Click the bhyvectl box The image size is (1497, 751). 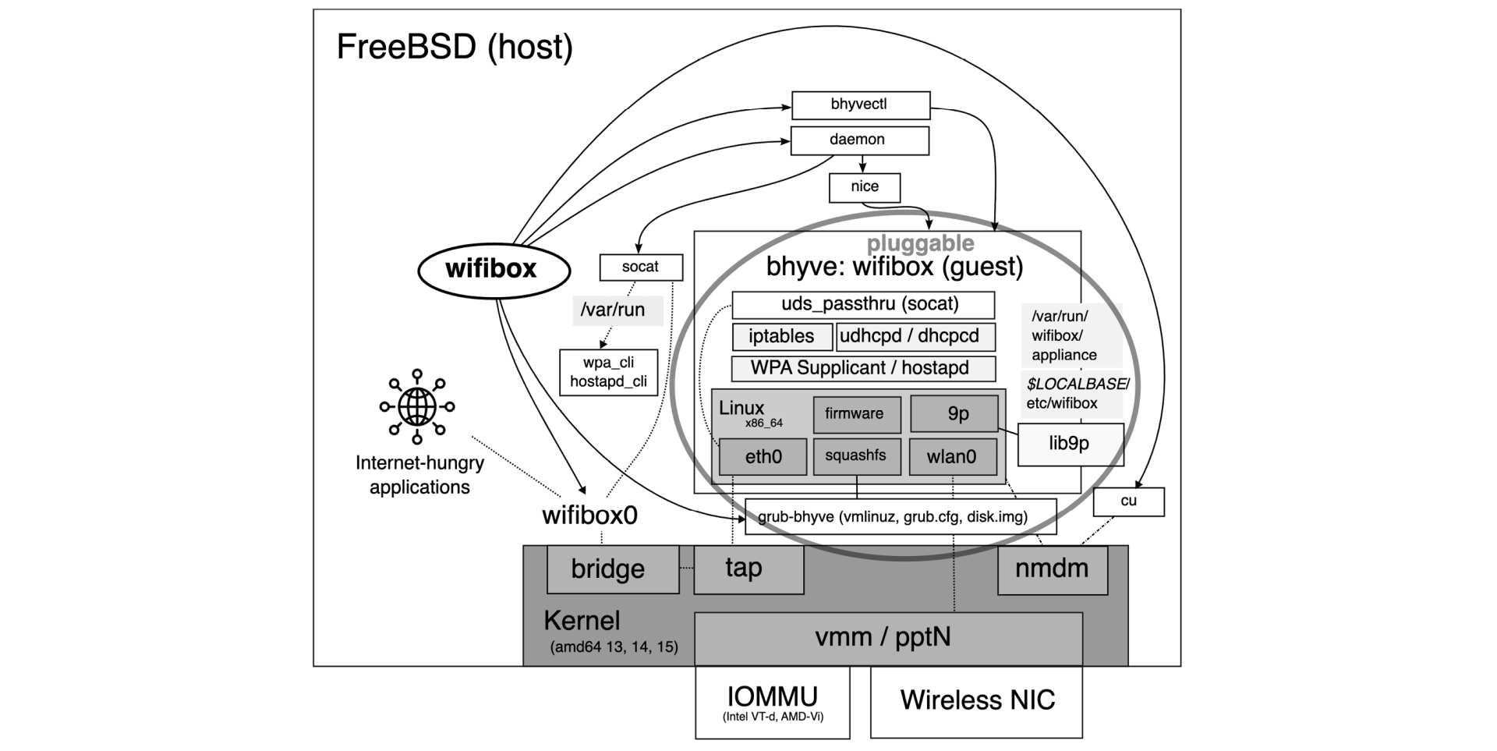click(861, 105)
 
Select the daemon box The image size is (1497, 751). click(859, 140)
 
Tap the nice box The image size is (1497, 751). click(864, 187)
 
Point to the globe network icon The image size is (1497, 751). click(417, 406)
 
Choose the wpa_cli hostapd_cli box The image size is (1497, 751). click(608, 372)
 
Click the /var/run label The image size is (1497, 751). click(613, 310)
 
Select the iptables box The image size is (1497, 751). click(781, 337)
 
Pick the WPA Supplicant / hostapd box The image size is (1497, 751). click(862, 368)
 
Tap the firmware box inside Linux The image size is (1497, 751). click(856, 414)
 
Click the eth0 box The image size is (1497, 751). click(763, 456)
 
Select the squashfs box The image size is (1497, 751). click(856, 456)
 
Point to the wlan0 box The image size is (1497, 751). click(952, 457)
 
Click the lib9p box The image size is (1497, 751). click(1070, 445)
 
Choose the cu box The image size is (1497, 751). click(1128, 501)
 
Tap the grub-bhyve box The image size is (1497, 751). click(900, 517)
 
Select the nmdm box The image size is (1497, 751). click(1052, 569)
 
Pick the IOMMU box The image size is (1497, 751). click(772, 703)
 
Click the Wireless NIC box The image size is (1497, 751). click(976, 701)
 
